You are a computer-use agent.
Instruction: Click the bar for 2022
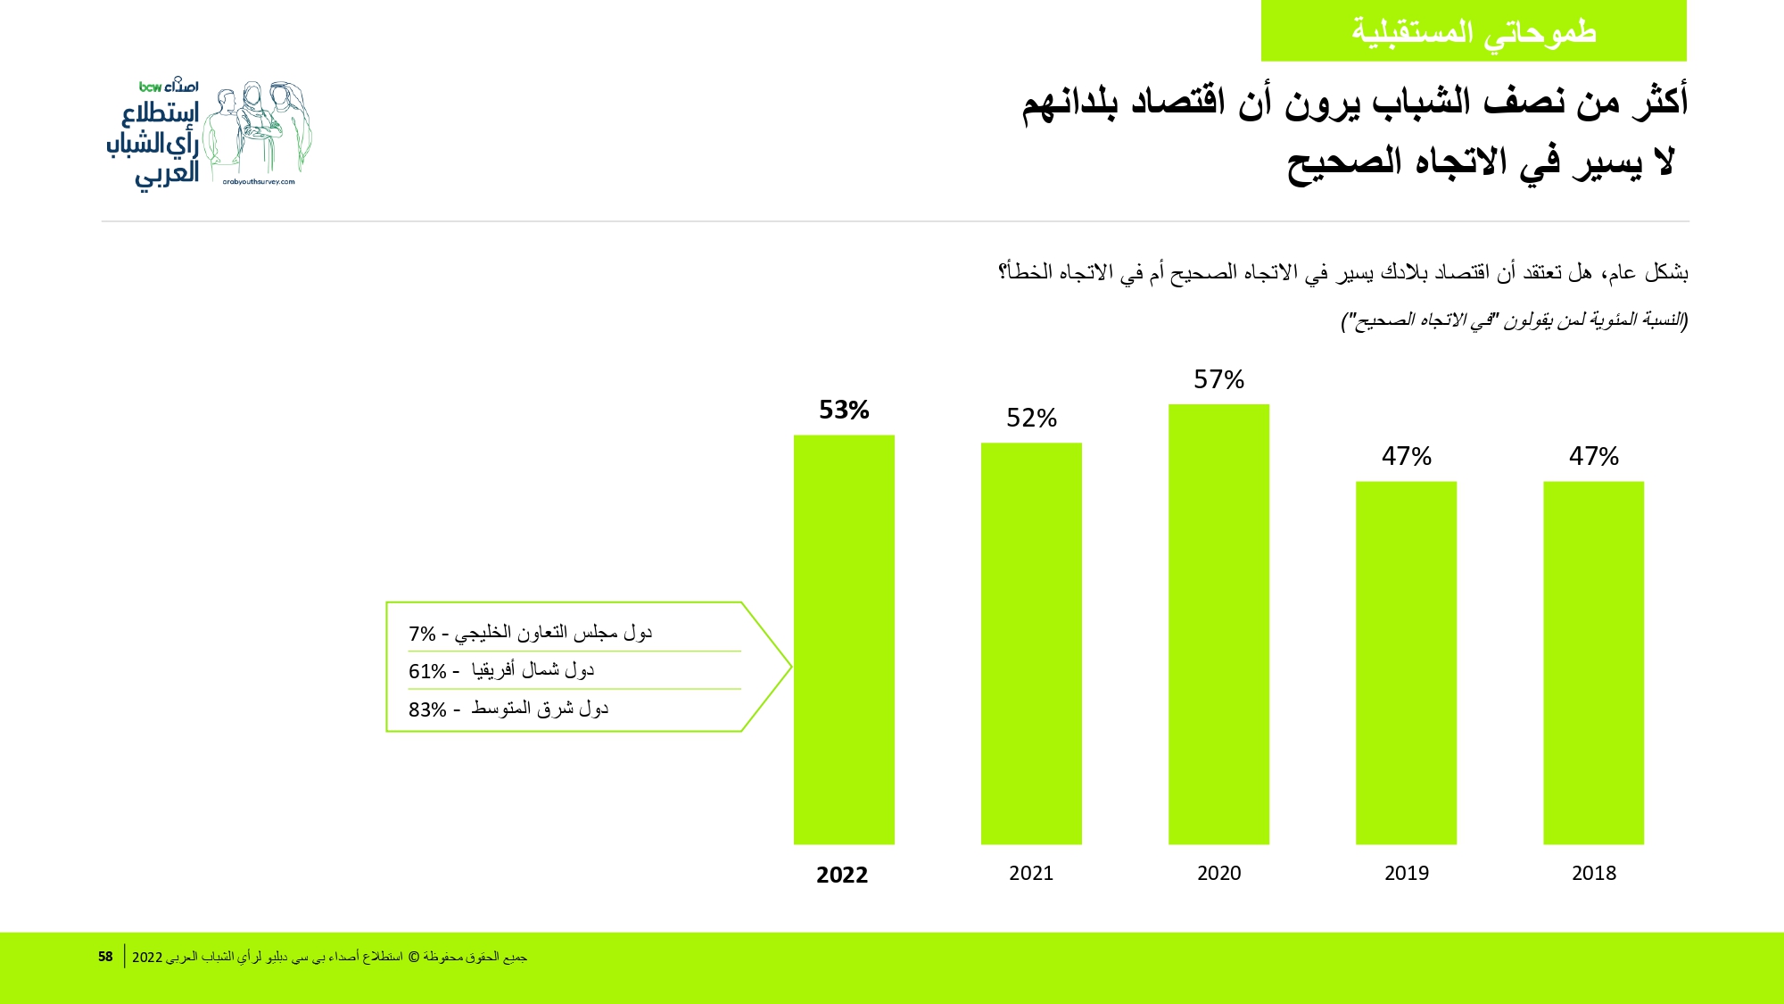pos(844,639)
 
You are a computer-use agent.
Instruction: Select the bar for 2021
pos(1031,643)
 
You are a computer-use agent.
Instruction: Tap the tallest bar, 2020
pos(1218,624)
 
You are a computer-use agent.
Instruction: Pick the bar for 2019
pos(1406,662)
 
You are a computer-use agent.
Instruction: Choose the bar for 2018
pos(1593,662)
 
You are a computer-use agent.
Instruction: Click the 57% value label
pos(1218,379)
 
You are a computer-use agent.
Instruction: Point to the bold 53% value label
pos(844,410)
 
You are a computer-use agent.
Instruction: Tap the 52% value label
pos(1031,418)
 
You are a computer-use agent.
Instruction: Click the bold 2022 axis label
pos(842,875)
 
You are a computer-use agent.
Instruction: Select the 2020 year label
pos(1218,873)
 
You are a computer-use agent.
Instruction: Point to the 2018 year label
pos(1593,873)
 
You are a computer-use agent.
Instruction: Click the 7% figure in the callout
pos(422,634)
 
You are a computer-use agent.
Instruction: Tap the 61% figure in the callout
pos(427,671)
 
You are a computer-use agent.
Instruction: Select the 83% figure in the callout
pos(427,709)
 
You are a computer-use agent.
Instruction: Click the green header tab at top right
pos(1474,31)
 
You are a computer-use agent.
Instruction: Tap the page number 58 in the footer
pos(105,957)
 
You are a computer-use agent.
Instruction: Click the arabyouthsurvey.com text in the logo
pos(259,182)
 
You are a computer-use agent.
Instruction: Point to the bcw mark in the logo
pos(150,87)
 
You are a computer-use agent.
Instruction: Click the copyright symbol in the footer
pos(413,957)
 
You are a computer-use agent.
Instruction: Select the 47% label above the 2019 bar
pos(1406,456)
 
